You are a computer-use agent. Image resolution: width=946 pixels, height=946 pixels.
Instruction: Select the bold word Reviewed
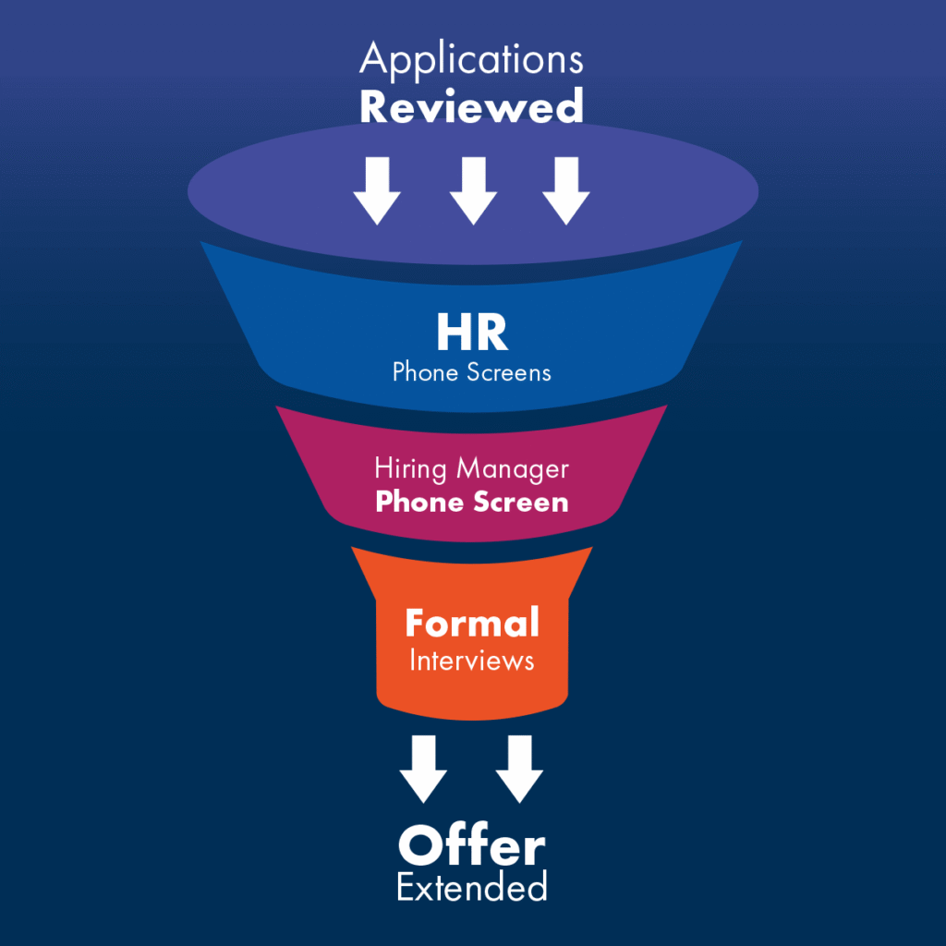471,106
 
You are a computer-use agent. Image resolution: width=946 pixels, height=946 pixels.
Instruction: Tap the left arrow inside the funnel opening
377,190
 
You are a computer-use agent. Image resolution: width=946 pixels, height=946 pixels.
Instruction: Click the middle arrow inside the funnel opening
473,190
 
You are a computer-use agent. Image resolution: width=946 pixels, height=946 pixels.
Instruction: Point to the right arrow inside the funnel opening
565,190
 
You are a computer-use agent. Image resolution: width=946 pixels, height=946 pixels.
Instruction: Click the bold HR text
472,334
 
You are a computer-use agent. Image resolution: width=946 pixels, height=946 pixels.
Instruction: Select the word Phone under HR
426,372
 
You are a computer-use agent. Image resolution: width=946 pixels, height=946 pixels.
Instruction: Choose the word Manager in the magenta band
514,469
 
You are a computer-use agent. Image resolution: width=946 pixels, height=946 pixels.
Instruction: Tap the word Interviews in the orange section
472,661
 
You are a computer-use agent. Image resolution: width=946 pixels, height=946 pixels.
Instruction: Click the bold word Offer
472,846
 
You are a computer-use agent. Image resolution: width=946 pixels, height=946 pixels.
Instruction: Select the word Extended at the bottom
472,888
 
